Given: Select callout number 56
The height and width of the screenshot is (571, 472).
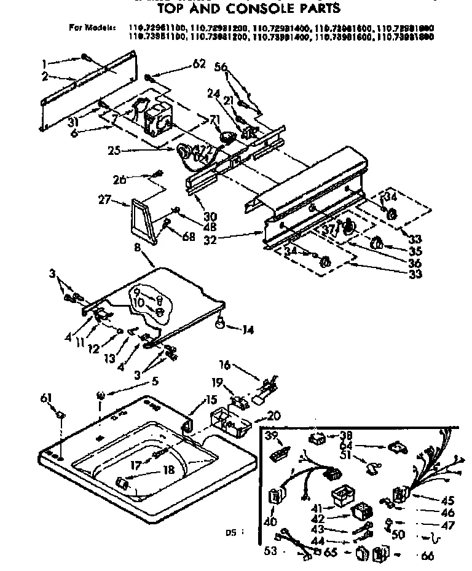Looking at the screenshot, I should [221, 66].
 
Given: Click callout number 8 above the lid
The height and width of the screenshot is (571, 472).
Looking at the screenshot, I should [137, 248].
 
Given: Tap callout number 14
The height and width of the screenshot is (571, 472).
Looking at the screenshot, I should [248, 329].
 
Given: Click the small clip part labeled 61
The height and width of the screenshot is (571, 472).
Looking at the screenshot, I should [60, 417].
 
